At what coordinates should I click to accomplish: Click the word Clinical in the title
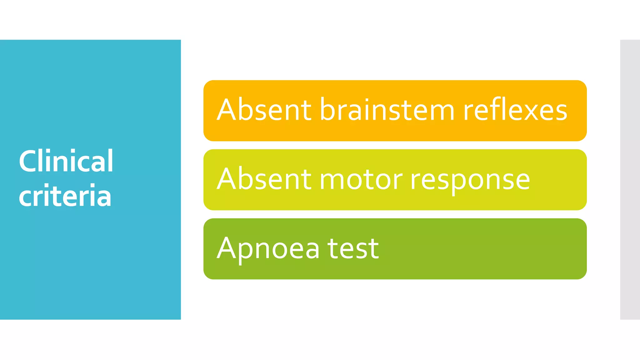point(66,161)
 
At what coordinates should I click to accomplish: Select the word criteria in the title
point(65,196)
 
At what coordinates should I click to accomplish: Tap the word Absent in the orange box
point(264,110)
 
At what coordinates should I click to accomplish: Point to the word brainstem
point(387,110)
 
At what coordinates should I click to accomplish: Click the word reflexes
point(515,110)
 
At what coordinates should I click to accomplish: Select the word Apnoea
point(268,249)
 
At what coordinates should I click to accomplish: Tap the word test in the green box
point(353,249)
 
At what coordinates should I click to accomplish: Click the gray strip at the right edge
point(630,179)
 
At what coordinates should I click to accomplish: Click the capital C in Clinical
point(28,161)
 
